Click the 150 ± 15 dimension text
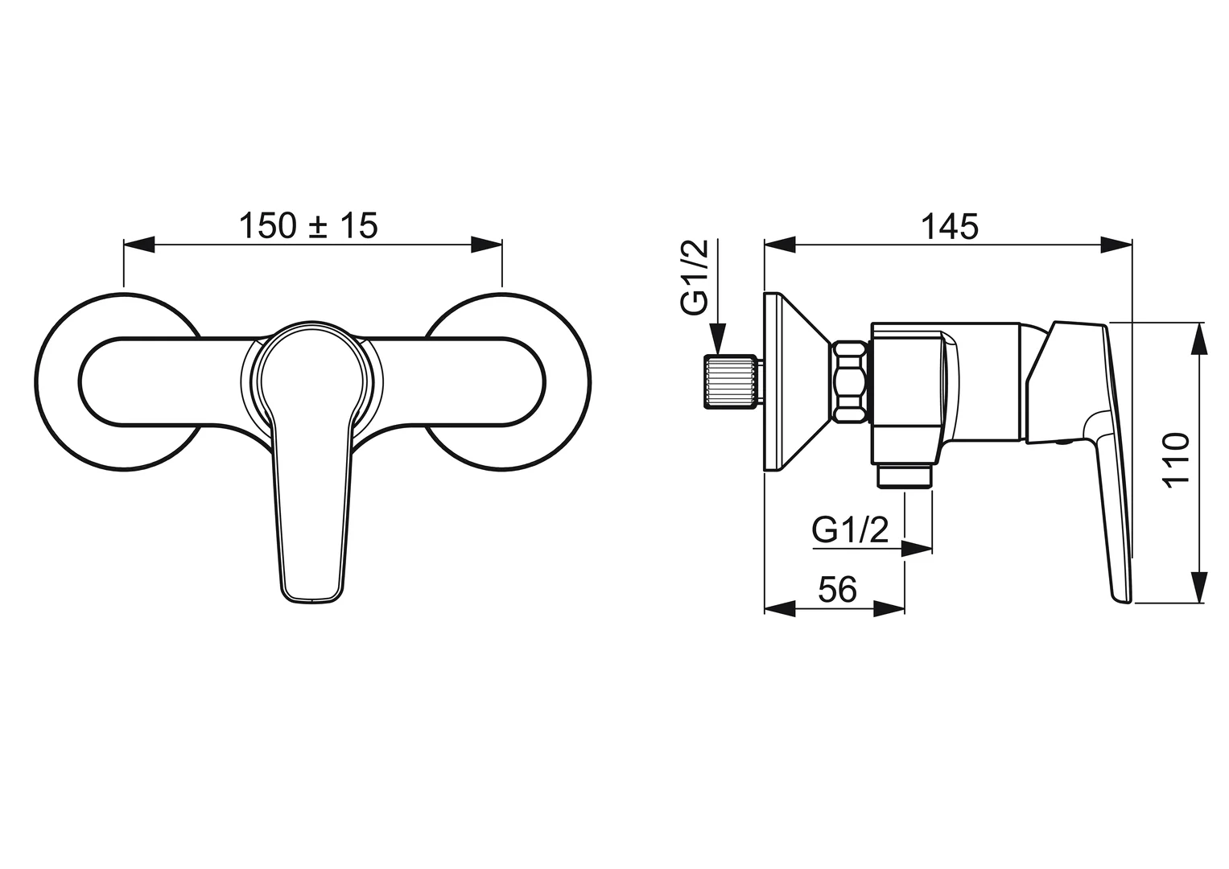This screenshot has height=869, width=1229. pyautogui.click(x=308, y=225)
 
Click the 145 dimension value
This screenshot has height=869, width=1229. pyautogui.click(x=949, y=226)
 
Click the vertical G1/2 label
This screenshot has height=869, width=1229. pyautogui.click(x=695, y=277)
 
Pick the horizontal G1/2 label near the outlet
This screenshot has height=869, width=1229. pyautogui.click(x=850, y=530)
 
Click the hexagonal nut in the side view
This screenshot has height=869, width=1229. pyautogui.click(x=851, y=382)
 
